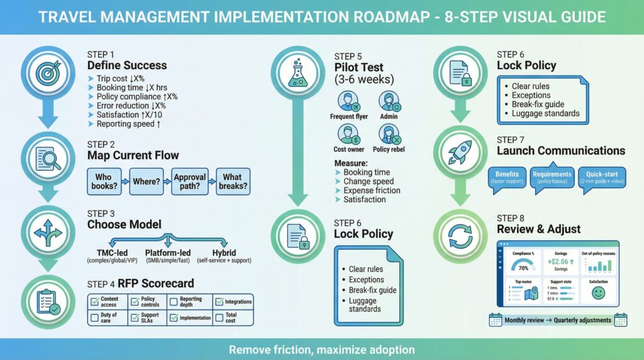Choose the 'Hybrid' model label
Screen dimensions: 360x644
(x=224, y=252)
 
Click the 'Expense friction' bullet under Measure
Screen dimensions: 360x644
(x=371, y=190)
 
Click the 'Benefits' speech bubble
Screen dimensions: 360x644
(x=507, y=177)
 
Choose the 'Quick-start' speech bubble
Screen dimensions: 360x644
(x=601, y=177)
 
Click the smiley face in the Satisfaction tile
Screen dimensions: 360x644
(x=597, y=293)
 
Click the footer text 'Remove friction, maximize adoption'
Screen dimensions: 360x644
(x=322, y=349)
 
